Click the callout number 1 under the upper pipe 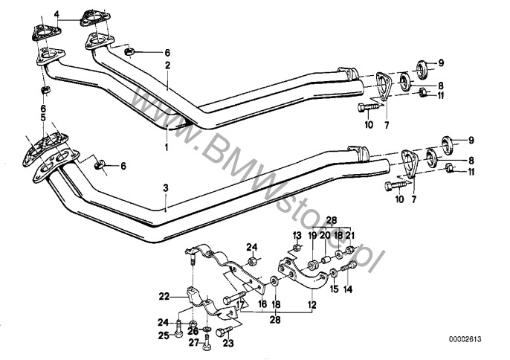[x=167, y=147]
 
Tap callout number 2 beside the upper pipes [x=168, y=65]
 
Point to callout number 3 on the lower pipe [x=166, y=189]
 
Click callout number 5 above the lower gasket [x=42, y=118]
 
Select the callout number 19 [x=312, y=235]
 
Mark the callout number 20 [x=324, y=235]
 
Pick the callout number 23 [x=228, y=343]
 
